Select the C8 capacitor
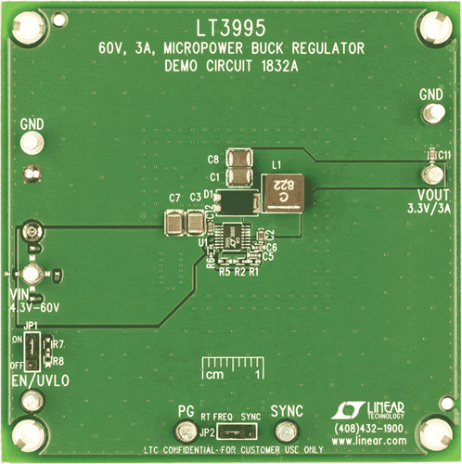pyautogui.click(x=242, y=158)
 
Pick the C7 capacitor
pyautogui.click(x=173, y=223)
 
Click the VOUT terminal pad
pyautogui.click(x=430, y=174)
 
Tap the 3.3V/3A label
pyautogui.click(x=428, y=209)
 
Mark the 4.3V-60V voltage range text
pyautogui.click(x=39, y=305)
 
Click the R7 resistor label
pyautogui.click(x=58, y=344)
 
